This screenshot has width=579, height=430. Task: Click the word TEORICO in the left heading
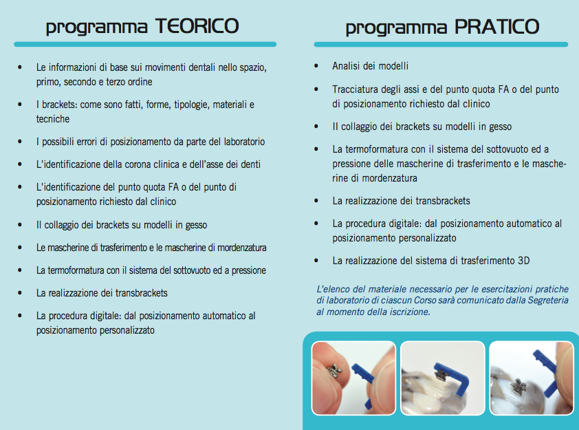tap(197, 27)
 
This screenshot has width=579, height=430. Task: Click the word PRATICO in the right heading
tap(497, 28)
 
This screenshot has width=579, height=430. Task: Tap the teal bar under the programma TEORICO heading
tap(145, 44)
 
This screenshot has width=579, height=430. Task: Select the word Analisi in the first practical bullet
tap(347, 67)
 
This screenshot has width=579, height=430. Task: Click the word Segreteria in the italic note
tap(545, 301)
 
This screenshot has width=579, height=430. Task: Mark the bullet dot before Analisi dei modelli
tap(316, 67)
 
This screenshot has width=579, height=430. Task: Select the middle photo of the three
tap(442, 378)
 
